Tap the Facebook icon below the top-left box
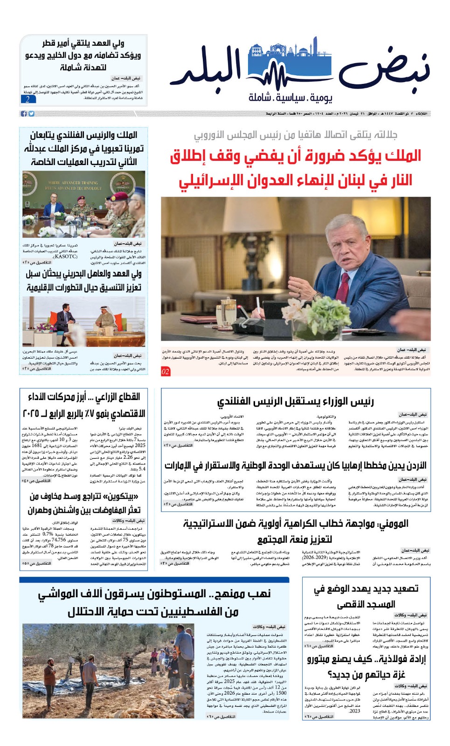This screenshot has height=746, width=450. tap(23, 114)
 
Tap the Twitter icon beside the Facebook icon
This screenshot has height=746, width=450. tap(31, 114)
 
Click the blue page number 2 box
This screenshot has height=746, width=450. tap(28, 99)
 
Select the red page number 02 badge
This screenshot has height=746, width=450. tap(166, 372)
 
